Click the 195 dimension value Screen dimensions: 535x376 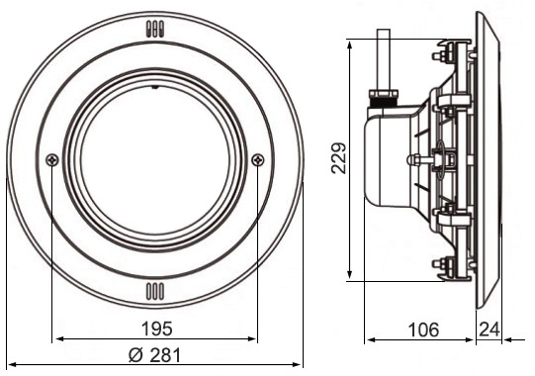157,329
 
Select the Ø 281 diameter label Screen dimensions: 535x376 154,356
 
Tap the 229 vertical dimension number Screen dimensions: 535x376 339,158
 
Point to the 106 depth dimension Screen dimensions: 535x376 423,329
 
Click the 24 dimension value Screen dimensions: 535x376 490,329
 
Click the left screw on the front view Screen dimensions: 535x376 52,159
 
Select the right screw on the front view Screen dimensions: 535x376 258,159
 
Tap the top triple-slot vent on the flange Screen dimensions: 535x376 155,29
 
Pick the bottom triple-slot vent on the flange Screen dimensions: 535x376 155,292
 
